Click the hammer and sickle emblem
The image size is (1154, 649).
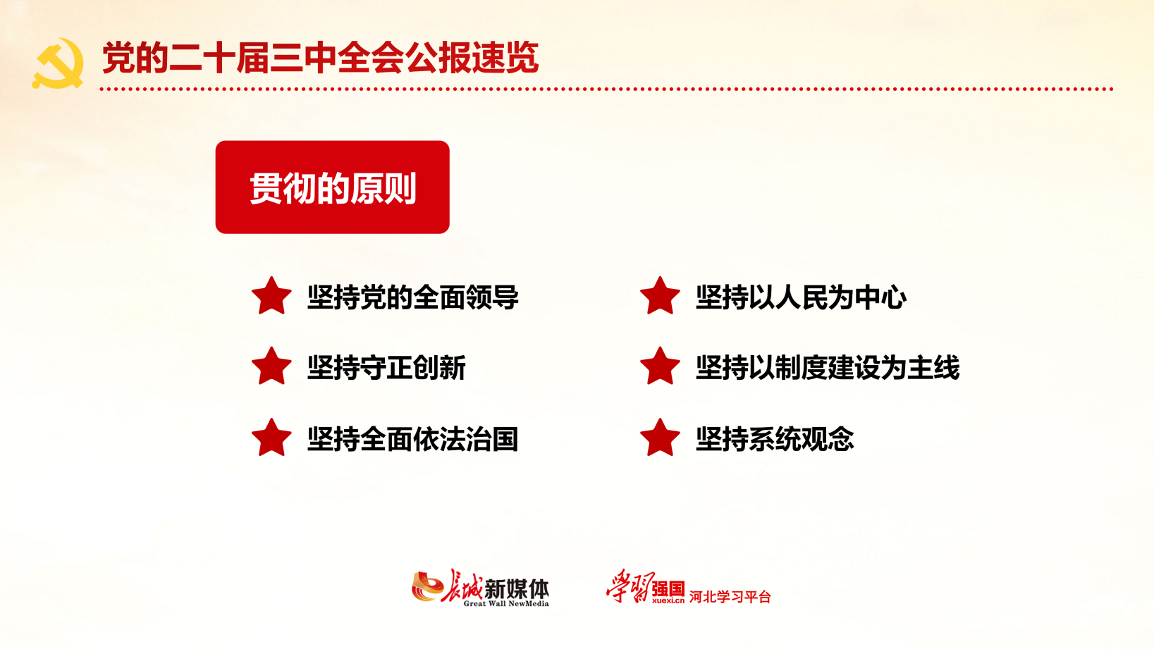(x=58, y=63)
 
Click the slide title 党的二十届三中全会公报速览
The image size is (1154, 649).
(x=321, y=58)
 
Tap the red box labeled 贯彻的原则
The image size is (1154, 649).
(x=332, y=187)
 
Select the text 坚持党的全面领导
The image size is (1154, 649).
(x=412, y=297)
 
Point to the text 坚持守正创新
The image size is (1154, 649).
(x=386, y=368)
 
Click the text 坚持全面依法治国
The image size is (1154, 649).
(x=412, y=440)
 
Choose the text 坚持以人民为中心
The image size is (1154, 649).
(x=801, y=297)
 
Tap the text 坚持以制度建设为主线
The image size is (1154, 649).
(x=828, y=368)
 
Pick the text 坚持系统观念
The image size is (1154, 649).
(x=775, y=440)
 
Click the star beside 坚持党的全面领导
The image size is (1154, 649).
(x=271, y=296)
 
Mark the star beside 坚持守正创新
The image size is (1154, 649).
(x=271, y=366)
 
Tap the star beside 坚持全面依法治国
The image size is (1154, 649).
(x=271, y=438)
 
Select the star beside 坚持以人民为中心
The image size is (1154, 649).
(x=660, y=296)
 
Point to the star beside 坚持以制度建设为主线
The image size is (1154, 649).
(x=660, y=366)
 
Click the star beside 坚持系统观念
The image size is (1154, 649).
(x=660, y=438)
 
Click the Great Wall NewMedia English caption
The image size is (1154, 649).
(x=506, y=604)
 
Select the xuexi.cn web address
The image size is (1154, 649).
(x=668, y=600)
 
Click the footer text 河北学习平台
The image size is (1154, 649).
(x=730, y=597)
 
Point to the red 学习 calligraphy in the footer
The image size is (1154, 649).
(x=630, y=586)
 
